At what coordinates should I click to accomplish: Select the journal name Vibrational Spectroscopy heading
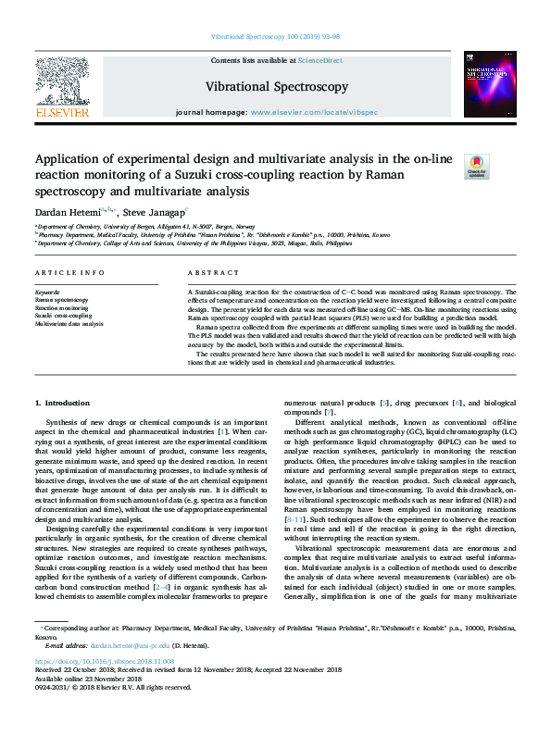(276, 87)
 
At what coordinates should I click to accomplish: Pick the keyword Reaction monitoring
(60, 308)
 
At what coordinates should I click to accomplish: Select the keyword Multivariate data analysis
(69, 324)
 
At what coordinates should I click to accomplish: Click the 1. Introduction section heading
(63, 403)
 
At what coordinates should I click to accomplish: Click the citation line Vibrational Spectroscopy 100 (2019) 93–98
(276, 39)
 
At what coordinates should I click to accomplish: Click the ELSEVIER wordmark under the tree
(62, 112)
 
